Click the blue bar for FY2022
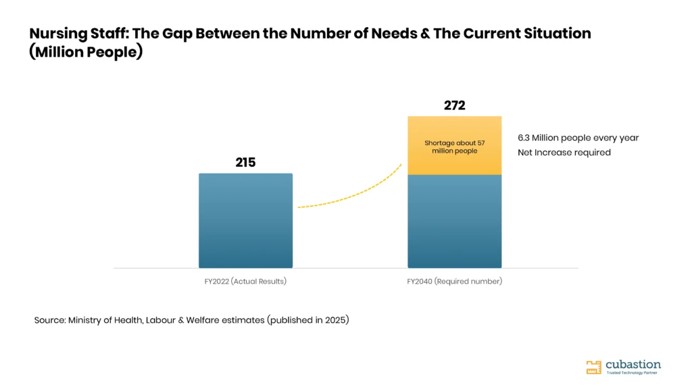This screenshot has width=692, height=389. point(245,221)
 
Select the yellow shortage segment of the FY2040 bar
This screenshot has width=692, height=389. point(455,146)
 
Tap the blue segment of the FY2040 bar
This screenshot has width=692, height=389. point(455,222)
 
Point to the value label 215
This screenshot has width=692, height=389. point(245,162)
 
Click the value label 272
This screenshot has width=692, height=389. point(455,105)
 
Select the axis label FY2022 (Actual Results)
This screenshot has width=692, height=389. point(245,282)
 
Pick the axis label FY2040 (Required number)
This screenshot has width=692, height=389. point(455,282)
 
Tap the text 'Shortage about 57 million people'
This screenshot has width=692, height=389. point(455,147)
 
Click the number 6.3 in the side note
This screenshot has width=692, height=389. point(524,138)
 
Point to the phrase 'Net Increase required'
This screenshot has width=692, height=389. point(564,153)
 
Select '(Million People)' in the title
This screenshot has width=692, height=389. point(86,52)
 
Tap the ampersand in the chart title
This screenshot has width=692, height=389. point(425,34)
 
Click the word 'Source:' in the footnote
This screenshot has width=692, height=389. point(50,320)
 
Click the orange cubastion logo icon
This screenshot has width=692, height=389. point(593,367)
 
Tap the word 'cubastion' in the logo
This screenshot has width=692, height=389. point(633,365)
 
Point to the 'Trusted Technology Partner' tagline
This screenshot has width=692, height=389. point(632,373)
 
